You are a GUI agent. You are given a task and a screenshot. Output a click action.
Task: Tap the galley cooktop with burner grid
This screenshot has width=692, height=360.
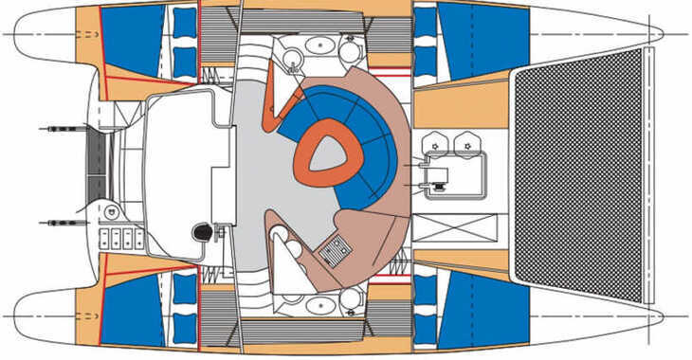point(336,250)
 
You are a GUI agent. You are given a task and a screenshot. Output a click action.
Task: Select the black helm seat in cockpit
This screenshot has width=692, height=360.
point(201,232)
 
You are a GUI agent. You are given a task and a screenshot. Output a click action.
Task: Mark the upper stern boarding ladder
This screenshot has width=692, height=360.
point(63,127)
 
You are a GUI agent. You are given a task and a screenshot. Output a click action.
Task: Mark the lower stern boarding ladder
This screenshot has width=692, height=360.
point(63,223)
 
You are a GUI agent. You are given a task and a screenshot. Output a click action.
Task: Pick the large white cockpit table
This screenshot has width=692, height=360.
point(175,171)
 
